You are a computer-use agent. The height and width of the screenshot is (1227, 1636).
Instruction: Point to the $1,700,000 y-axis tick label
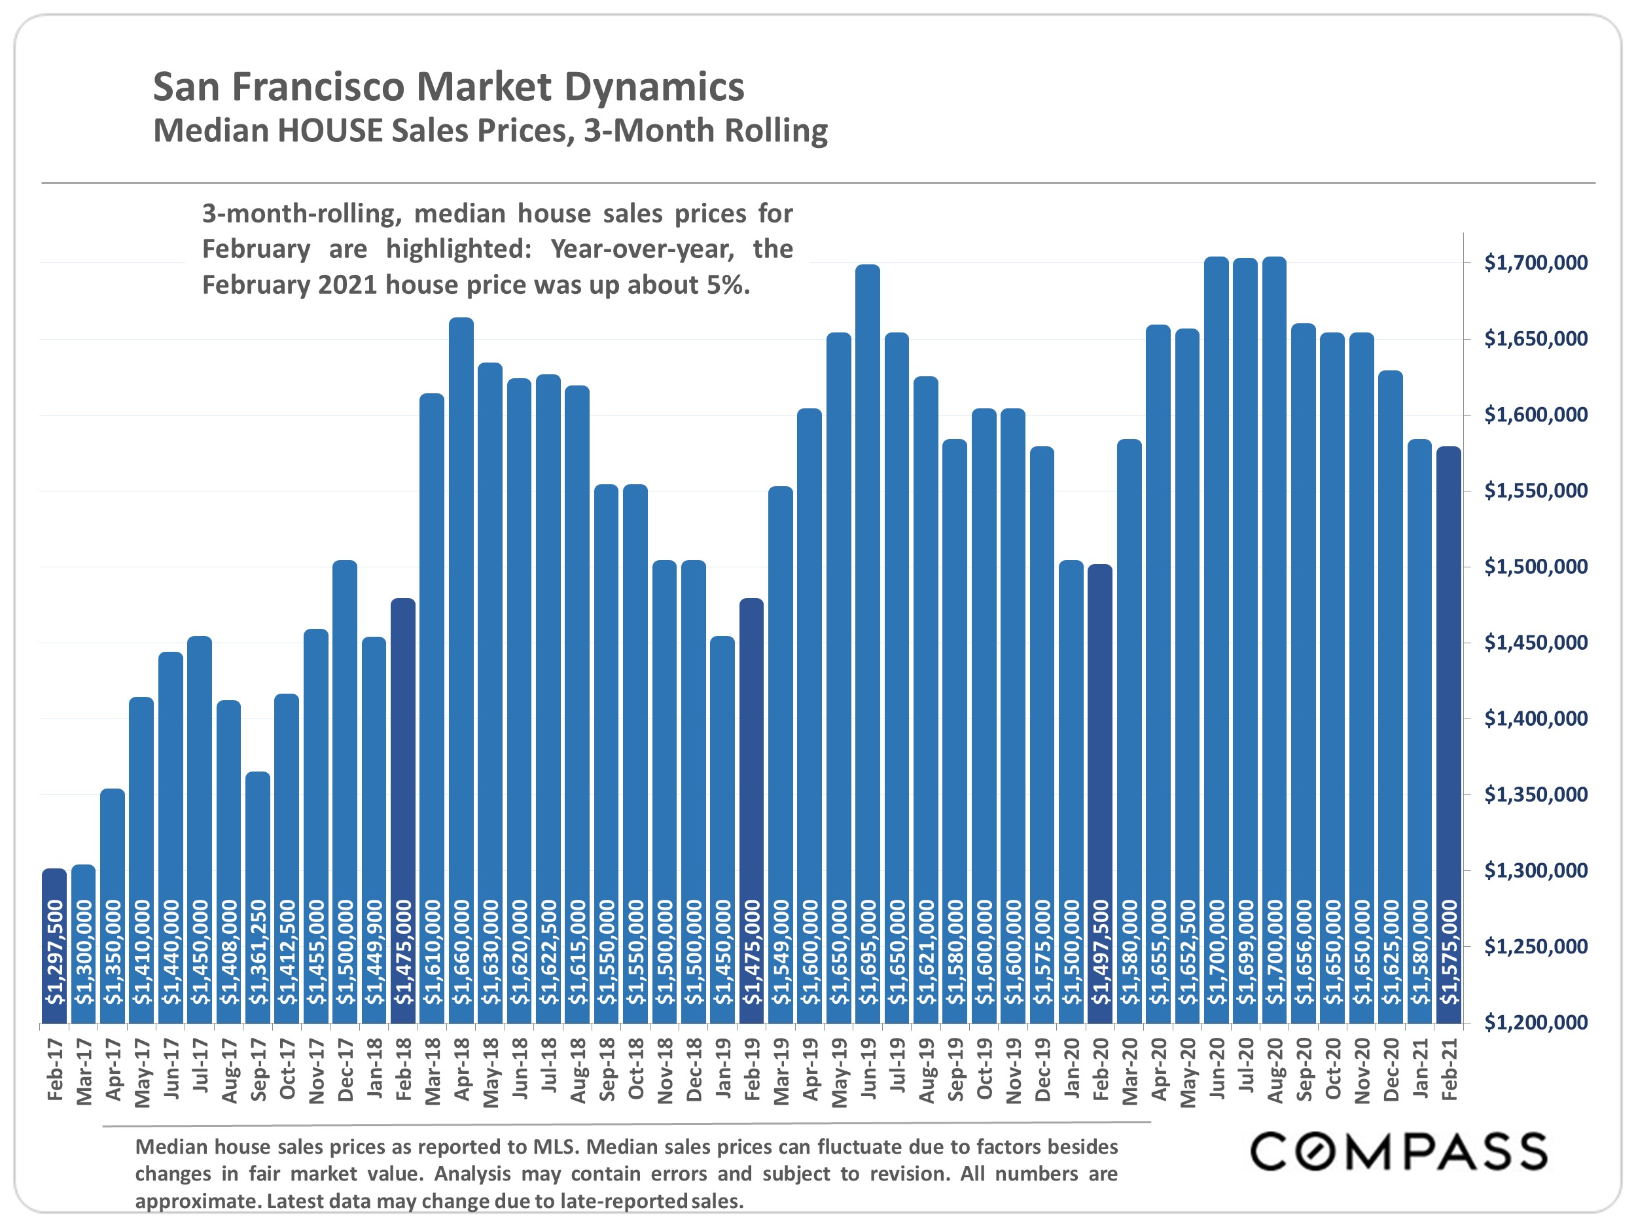[1535, 262]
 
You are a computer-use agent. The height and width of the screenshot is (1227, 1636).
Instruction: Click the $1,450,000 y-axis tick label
[1535, 643]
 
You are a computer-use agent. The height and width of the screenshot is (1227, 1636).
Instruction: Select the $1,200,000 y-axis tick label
[1535, 1023]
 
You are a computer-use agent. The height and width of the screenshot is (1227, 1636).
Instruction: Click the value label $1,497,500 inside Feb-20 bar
[1101, 953]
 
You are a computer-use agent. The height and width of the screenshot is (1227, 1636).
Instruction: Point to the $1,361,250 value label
[258, 953]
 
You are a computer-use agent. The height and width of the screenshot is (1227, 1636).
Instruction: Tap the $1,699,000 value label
[1246, 953]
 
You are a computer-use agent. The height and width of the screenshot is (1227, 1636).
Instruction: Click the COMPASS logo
[1398, 1152]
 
